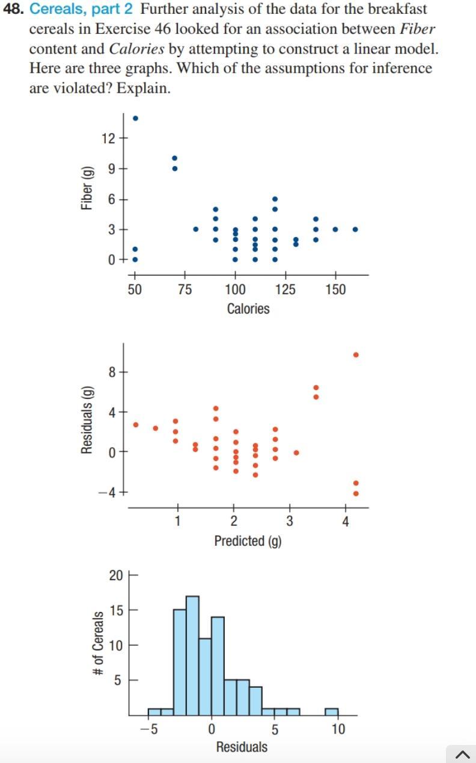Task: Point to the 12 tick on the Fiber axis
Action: (x=108, y=138)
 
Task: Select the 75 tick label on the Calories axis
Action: (x=185, y=289)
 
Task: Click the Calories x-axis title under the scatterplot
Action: (x=248, y=309)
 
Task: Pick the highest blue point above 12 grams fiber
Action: (x=135, y=118)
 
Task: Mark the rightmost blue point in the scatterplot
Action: (x=355, y=229)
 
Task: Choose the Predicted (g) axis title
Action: (x=248, y=540)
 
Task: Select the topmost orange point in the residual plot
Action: (x=356, y=355)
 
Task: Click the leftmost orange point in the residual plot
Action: (x=136, y=424)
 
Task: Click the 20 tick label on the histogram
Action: (x=115, y=575)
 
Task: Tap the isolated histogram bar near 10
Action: (x=332, y=712)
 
